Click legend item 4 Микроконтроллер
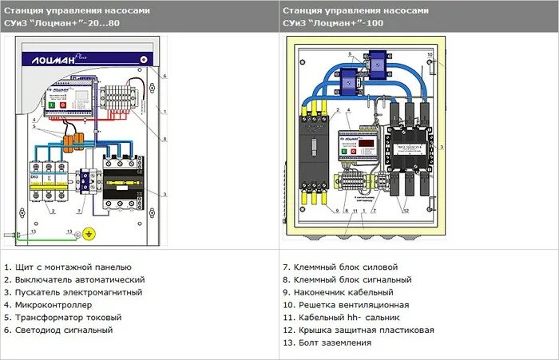coord(48,305)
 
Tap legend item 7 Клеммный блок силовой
coord(340,267)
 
